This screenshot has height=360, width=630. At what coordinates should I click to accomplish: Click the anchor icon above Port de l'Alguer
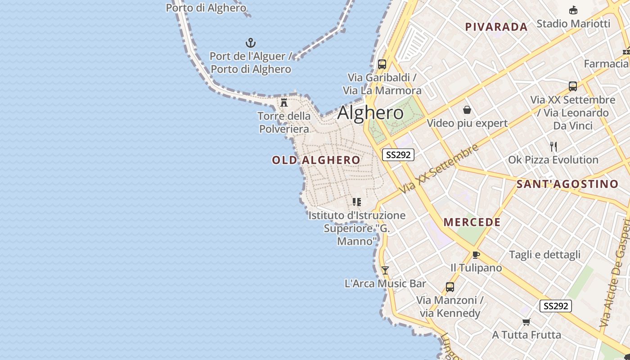(x=250, y=43)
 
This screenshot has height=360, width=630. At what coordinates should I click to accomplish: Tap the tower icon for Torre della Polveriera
(x=284, y=102)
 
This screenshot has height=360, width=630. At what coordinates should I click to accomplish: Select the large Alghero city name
(x=370, y=112)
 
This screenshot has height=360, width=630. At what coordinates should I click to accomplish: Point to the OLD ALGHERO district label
(x=316, y=160)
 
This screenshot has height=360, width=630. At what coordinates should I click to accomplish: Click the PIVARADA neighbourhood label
(x=496, y=27)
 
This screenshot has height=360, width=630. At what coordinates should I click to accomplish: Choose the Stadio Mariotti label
(x=573, y=23)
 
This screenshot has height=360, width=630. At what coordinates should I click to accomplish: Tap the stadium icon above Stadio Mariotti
(x=573, y=10)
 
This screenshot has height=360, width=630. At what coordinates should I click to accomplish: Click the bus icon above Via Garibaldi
(x=382, y=64)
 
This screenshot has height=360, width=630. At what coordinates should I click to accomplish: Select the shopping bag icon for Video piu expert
(x=467, y=110)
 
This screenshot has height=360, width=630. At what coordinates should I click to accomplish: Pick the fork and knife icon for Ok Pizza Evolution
(x=553, y=147)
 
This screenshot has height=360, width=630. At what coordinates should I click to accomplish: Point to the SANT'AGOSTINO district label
(x=567, y=184)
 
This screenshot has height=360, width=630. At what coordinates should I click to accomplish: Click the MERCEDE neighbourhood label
(x=472, y=222)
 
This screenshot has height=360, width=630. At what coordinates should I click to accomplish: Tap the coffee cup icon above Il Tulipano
(x=476, y=255)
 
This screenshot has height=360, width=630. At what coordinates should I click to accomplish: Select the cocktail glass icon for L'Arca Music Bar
(x=385, y=270)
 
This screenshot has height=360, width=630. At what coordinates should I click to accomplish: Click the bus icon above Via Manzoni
(x=450, y=287)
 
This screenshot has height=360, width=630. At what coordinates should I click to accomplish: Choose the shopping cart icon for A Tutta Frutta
(x=526, y=322)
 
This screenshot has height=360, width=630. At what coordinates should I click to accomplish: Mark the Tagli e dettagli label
(x=544, y=255)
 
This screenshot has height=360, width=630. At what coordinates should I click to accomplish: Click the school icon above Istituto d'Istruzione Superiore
(x=356, y=202)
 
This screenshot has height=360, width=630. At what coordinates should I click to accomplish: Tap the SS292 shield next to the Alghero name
(x=398, y=155)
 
